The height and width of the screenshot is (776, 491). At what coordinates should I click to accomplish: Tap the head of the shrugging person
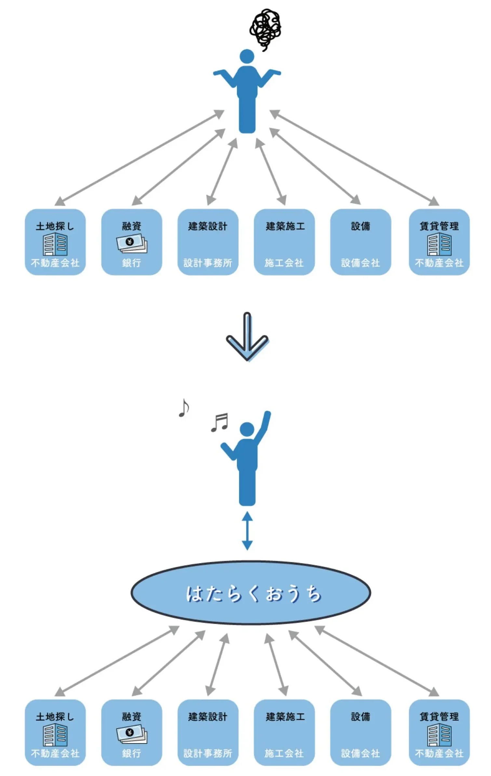(x=247, y=56)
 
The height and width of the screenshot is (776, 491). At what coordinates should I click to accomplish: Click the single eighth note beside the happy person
(x=184, y=408)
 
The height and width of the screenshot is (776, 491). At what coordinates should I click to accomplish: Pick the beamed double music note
(x=219, y=422)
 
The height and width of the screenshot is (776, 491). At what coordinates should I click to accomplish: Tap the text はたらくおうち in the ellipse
(x=253, y=593)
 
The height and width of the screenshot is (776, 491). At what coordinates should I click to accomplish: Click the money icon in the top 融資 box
(x=132, y=243)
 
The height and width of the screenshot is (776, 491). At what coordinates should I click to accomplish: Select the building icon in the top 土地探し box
(x=55, y=244)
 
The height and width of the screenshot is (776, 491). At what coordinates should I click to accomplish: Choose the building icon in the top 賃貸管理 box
(x=439, y=244)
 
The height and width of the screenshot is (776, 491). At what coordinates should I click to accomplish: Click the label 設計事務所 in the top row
(x=208, y=263)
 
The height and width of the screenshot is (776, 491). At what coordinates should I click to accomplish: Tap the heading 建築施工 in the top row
(x=285, y=226)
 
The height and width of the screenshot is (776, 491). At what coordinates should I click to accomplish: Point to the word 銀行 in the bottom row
(x=131, y=753)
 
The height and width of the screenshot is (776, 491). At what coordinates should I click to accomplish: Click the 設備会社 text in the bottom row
(x=360, y=753)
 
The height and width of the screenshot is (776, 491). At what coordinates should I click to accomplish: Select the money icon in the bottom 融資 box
(x=132, y=734)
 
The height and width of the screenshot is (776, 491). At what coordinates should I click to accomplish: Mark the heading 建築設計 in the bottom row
(x=208, y=716)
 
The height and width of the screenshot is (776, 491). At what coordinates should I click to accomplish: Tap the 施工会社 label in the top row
(x=284, y=263)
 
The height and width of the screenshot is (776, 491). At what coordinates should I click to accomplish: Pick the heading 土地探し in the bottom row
(x=55, y=716)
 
